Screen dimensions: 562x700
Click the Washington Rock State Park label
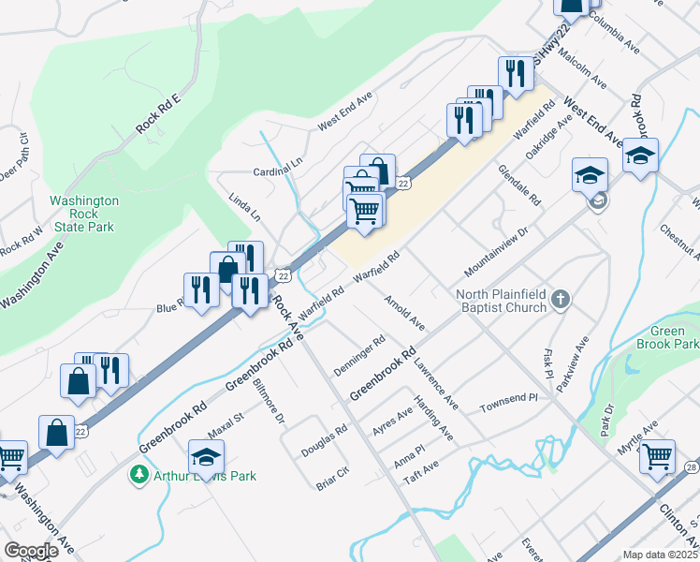coord(84,214)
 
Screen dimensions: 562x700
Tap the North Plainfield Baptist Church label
coord(501,301)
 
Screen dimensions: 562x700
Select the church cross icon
coord(560,300)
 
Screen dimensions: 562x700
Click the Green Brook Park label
coord(675,337)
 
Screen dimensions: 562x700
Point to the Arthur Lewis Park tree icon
coord(139,475)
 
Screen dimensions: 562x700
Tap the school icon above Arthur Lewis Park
coord(207,456)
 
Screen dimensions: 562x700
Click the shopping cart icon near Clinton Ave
coord(657,456)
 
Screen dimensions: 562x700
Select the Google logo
coord(31,551)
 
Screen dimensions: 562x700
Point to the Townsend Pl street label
coord(509,404)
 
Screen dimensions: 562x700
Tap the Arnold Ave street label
coord(403,313)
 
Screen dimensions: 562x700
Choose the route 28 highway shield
coord(691,467)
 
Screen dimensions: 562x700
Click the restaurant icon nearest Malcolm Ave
coord(516,72)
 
